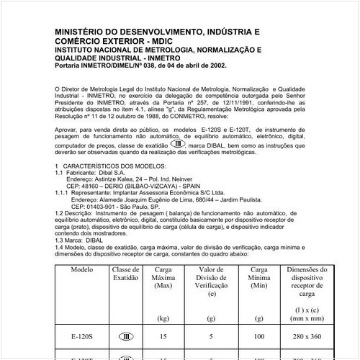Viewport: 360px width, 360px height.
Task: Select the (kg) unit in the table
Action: point(165,317)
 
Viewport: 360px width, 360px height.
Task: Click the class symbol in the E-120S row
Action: point(123,336)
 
